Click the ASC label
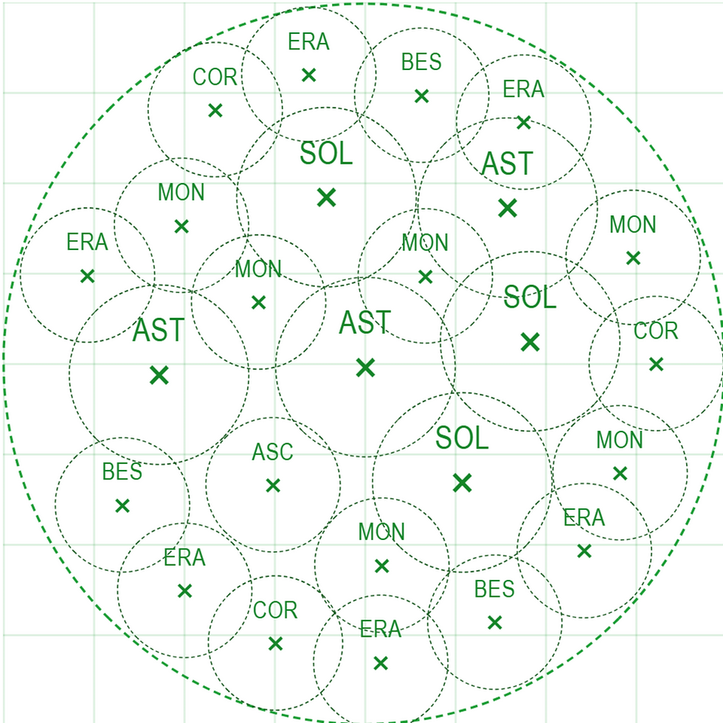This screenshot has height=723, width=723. [272, 452]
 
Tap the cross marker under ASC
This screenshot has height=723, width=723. [273, 485]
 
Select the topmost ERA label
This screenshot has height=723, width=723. [308, 41]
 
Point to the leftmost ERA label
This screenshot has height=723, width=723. [87, 242]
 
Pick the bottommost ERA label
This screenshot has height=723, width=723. [381, 629]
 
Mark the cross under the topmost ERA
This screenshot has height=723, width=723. [309, 75]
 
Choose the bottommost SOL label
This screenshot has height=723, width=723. [462, 437]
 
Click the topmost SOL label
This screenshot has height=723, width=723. [326, 153]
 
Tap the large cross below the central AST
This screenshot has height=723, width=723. [365, 368]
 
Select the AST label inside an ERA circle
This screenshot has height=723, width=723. [508, 163]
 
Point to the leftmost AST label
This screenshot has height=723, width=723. [159, 331]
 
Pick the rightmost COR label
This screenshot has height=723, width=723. [656, 331]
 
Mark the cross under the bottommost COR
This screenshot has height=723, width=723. [275, 643]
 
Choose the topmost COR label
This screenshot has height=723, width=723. [215, 77]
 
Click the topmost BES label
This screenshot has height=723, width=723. [421, 62]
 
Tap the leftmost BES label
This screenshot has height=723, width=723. [122, 471]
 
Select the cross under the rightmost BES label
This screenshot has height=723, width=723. [495, 623]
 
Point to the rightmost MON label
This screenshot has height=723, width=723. [633, 224]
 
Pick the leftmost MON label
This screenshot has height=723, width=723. [181, 193]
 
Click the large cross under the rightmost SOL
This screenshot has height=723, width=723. [530, 342]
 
